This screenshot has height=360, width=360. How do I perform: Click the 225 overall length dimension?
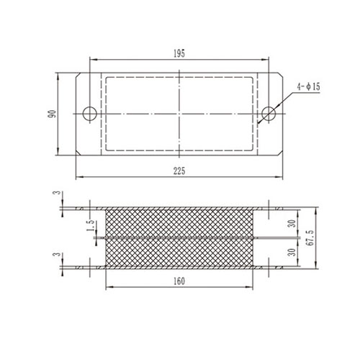[179, 170]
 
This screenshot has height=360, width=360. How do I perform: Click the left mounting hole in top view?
[89, 113]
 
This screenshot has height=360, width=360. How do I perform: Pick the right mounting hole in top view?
[269, 113]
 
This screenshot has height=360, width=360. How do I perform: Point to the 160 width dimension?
[179, 282]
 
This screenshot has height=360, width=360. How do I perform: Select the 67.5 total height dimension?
[309, 238]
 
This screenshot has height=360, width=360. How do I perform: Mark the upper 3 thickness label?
[54, 194]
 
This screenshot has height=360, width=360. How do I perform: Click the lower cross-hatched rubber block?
[179, 253]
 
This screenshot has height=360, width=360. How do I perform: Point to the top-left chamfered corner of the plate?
[78, 75]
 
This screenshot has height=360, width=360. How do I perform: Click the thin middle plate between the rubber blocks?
[179, 238]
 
